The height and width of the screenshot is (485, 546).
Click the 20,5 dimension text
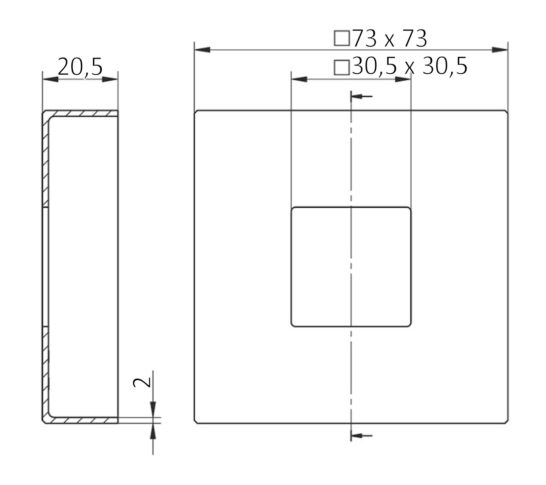coord(80,67)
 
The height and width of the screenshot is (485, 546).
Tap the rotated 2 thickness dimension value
coord(142,383)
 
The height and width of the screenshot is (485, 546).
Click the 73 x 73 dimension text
coord(390,39)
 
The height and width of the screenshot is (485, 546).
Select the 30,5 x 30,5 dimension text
coord(409,67)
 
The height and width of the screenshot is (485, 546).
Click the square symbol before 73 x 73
coord(342,38)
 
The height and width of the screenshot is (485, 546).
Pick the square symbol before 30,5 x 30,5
coord(342,67)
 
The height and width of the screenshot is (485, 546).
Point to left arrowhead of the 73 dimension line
coord(202,50)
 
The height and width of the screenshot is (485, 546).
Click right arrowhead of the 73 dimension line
coord(499,50)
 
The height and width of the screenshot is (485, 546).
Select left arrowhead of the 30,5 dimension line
coord(299,79)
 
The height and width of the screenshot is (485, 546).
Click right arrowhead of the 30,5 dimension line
coord(403,79)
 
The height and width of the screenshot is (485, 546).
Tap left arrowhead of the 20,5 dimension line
coord(50,79)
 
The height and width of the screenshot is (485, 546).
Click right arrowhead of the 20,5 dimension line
coord(110,79)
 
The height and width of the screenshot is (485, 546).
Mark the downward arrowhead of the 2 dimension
coord(153,409)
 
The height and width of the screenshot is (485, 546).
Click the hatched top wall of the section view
coord(82,114)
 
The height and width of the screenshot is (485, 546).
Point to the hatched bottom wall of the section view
coord(82,420)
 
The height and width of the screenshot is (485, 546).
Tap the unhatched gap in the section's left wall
coord(45,267)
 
